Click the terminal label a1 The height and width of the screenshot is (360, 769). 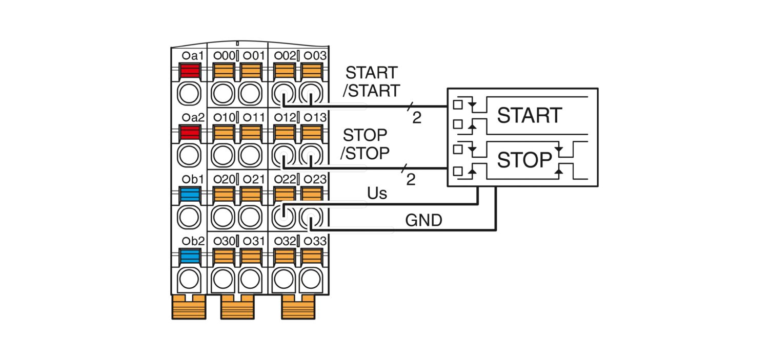[193, 55]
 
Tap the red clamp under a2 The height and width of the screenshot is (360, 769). [190, 133]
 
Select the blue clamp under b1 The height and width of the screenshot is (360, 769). [190, 195]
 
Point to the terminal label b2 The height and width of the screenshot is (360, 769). [193, 241]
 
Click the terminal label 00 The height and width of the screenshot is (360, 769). [225, 55]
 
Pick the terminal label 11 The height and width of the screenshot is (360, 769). [254, 118]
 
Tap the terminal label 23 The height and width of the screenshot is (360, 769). [315, 179]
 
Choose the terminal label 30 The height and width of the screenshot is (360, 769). [225, 241]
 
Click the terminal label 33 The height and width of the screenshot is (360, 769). [315, 241]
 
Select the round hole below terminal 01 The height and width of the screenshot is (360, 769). [250, 93]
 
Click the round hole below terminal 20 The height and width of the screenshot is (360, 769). [223, 217]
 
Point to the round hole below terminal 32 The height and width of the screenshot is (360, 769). [284, 279]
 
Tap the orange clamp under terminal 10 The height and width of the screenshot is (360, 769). [224, 133]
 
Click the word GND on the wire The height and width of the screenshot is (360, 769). [423, 221]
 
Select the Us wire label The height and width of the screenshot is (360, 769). [377, 194]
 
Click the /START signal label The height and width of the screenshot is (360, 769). [372, 91]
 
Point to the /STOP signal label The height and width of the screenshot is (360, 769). [365, 153]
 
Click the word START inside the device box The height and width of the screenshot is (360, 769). [530, 115]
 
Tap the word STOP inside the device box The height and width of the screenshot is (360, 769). [524, 160]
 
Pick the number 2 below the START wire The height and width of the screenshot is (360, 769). [417, 118]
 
